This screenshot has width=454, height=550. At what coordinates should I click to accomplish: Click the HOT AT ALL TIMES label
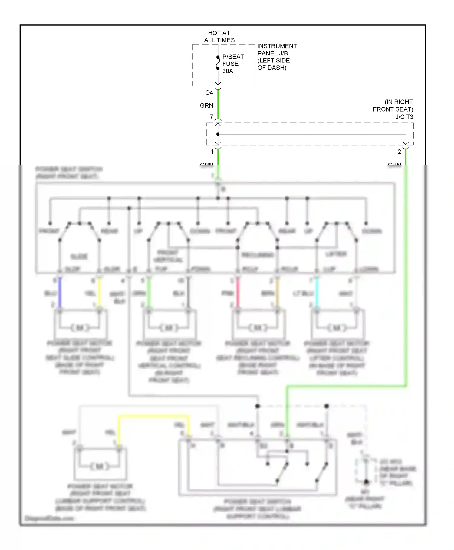(219, 36)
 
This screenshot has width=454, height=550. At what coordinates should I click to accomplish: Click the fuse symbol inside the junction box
(218, 63)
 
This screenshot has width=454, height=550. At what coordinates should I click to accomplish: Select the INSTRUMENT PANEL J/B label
(277, 57)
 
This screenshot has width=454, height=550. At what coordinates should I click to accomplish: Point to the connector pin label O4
(209, 93)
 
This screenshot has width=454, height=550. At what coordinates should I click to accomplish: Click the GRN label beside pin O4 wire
(206, 106)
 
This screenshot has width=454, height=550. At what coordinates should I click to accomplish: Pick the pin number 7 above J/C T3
(212, 117)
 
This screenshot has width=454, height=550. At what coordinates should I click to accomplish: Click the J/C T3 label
(404, 117)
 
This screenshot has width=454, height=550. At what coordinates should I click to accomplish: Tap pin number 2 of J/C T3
(399, 152)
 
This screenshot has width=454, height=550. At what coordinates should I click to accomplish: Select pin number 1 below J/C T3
(212, 152)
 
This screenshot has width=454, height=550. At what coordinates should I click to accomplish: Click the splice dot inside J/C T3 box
(218, 134)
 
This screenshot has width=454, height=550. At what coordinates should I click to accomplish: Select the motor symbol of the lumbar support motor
(99, 467)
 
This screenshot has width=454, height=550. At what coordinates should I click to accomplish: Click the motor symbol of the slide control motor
(80, 328)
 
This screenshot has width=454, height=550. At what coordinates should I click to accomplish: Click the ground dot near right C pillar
(366, 482)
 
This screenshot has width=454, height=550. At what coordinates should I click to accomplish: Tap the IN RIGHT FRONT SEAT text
(393, 106)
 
